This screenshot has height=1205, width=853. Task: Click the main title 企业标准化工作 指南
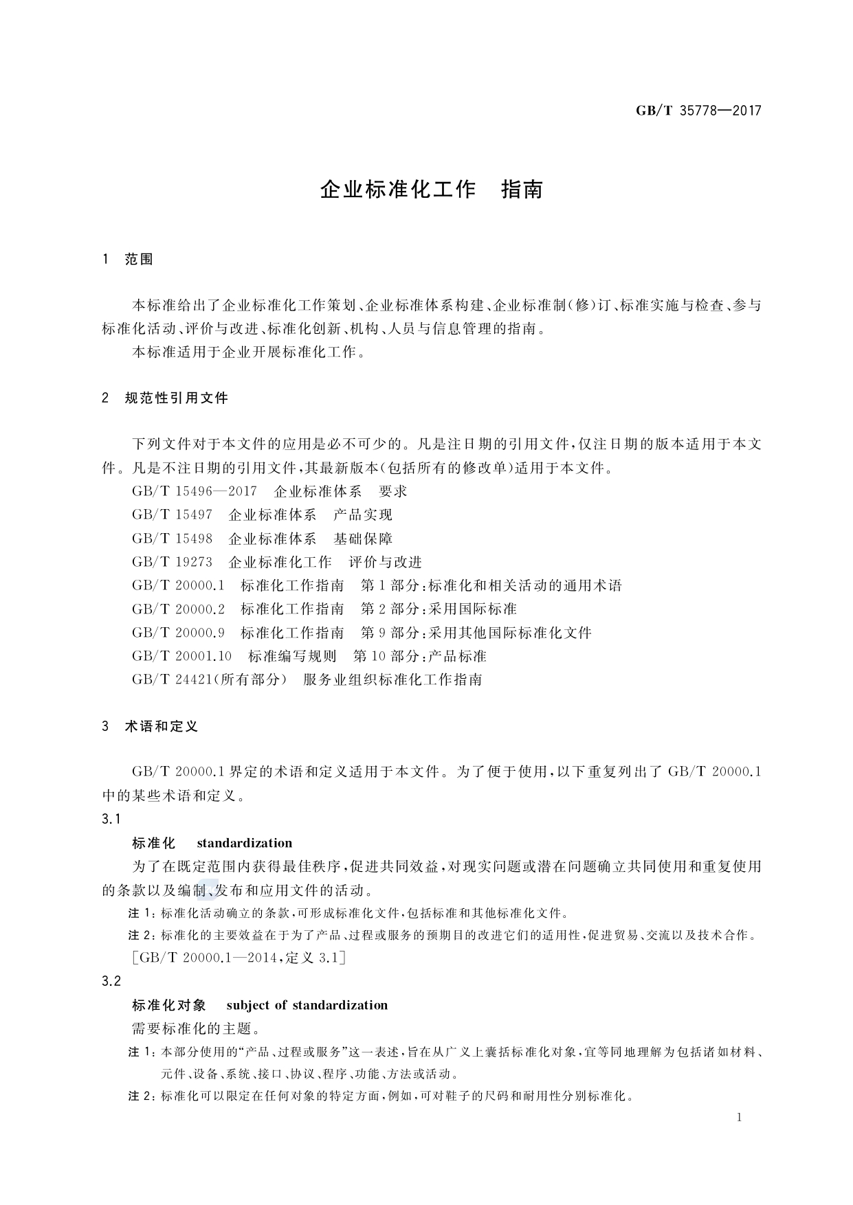point(431,190)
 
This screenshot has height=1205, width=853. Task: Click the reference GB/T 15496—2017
point(194,491)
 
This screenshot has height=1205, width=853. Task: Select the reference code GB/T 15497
point(172,515)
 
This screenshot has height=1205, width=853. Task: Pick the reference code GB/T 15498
point(172,539)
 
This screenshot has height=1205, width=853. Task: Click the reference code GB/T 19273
point(172,562)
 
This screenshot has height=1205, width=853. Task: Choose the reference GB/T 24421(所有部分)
point(209,679)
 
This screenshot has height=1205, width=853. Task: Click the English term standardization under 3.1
point(244,843)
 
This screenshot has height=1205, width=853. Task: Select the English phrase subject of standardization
point(307,1005)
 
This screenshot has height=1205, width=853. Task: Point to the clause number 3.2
point(111,982)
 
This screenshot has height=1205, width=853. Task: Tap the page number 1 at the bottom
point(739,1117)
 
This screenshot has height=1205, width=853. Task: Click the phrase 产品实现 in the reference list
point(363,515)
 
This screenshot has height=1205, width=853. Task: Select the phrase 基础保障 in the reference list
point(363,539)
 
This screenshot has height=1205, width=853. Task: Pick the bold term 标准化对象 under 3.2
point(169,1005)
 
